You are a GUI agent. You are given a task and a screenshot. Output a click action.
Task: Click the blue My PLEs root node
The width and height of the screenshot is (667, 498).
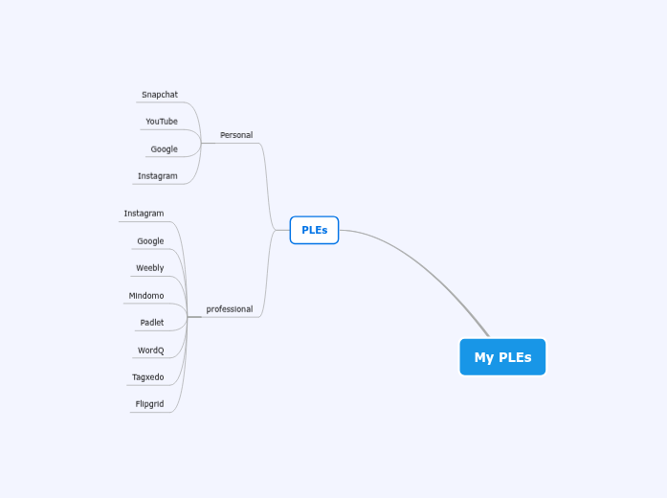click(x=502, y=357)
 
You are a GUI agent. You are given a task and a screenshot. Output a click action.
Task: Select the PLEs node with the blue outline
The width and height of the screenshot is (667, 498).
click(x=314, y=230)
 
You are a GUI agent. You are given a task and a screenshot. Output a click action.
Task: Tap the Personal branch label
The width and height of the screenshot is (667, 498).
click(x=236, y=135)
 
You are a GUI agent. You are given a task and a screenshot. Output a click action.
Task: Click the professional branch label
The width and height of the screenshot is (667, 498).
click(x=230, y=309)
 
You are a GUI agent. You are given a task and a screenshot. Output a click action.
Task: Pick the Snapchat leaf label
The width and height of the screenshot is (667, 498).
click(x=160, y=95)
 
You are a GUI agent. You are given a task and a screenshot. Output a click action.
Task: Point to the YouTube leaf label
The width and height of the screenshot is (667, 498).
click(x=162, y=122)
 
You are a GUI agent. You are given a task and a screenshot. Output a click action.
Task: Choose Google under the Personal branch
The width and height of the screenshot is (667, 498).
click(x=164, y=149)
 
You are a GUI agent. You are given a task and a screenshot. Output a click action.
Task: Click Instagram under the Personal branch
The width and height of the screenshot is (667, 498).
click(x=157, y=176)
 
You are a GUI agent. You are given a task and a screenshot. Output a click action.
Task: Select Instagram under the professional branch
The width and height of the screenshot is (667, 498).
click(x=144, y=214)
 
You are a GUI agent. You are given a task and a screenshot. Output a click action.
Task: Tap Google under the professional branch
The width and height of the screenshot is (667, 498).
click(x=150, y=241)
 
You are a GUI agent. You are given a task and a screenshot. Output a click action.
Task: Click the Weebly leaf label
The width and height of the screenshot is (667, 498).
click(x=149, y=268)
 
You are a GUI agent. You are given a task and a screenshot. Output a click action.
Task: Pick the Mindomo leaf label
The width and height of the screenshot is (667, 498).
click(x=145, y=296)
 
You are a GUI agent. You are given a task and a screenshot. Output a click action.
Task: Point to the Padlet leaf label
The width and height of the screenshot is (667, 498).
click(x=151, y=323)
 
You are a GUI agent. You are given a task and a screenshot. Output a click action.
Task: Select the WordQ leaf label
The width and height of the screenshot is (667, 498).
click(x=150, y=351)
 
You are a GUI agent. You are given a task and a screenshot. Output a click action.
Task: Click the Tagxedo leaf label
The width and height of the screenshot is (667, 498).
click(x=147, y=377)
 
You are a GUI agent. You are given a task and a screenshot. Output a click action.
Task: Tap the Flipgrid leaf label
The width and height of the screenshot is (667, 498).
click(x=149, y=404)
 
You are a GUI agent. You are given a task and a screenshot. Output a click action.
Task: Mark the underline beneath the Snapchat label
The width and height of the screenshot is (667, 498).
click(x=160, y=102)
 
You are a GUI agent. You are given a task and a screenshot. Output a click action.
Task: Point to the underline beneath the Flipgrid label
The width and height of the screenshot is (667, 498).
click(x=150, y=412)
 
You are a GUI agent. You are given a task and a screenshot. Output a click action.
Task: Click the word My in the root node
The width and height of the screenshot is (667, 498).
click(x=484, y=357)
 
